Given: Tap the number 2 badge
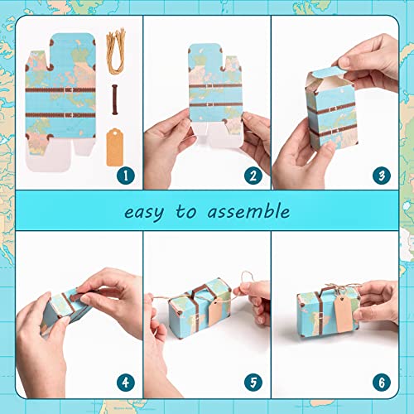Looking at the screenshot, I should pyautogui.click(x=252, y=175).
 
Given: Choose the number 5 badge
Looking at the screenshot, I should pyautogui.click(x=252, y=383).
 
